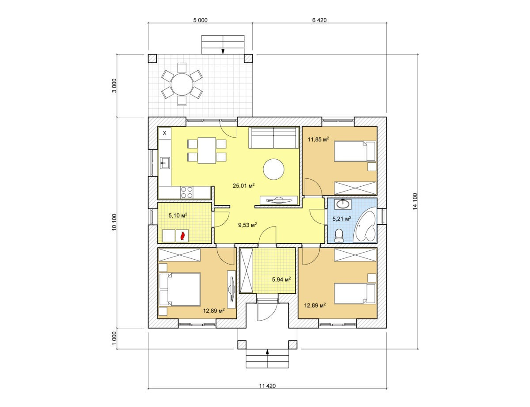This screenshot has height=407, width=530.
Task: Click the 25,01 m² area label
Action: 244,185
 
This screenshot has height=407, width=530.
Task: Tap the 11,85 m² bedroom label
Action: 318,139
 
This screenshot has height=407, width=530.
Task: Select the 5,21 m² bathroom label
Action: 342,219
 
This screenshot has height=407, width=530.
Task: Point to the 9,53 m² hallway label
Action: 247,225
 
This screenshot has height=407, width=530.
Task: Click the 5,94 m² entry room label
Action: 281,279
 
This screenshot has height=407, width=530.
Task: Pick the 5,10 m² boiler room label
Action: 178,215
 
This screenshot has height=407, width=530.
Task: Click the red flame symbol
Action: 182,236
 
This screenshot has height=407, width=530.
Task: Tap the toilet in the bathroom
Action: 338,236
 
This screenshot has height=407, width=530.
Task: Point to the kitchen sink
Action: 165,163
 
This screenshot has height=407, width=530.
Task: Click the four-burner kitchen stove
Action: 186,192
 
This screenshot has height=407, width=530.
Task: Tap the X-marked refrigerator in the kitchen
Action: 165,134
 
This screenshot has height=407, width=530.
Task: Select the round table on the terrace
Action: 182,84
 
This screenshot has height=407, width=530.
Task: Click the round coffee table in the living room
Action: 273,169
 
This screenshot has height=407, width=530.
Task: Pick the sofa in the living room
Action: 274,138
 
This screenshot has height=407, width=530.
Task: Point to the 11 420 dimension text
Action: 267,386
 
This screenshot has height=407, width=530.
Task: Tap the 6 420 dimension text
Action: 319,20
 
